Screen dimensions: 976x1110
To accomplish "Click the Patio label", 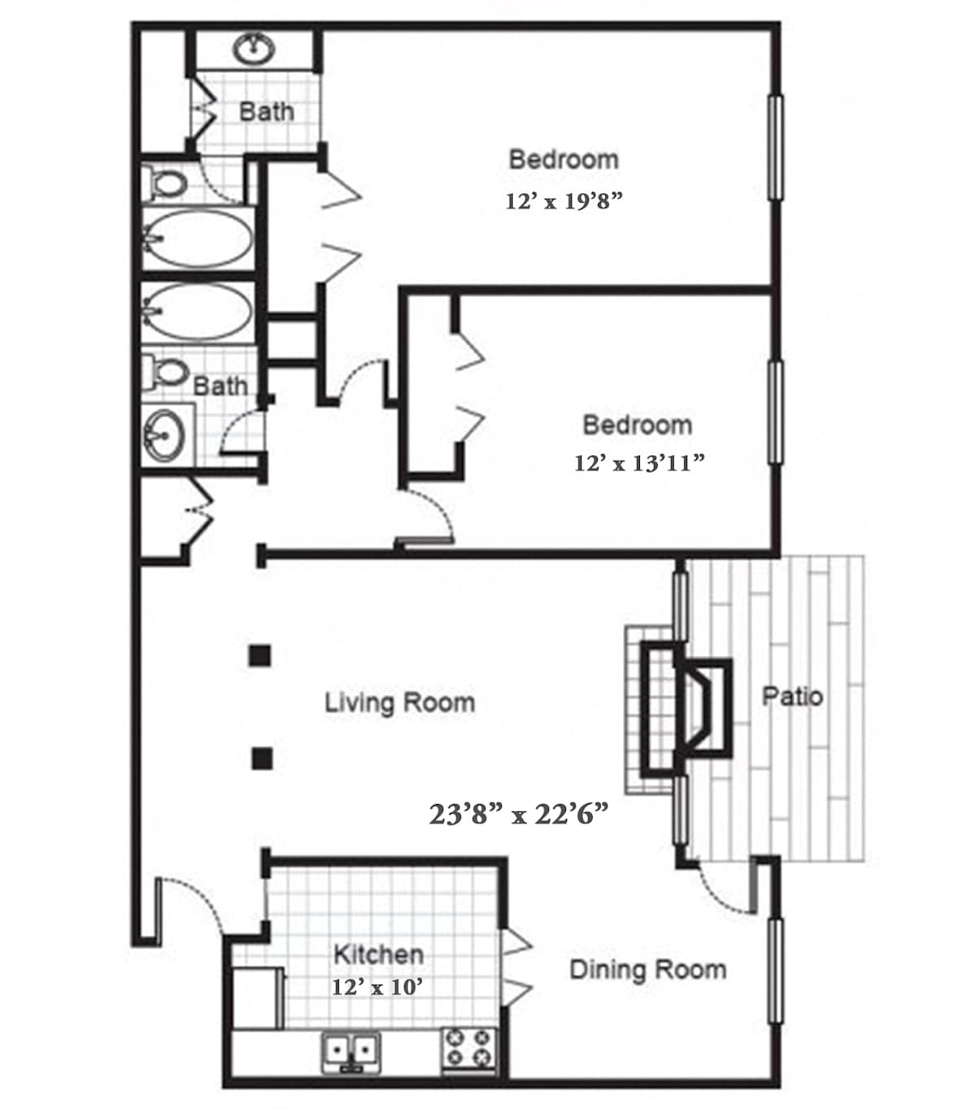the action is (792, 697).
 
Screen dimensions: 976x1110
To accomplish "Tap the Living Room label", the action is (399, 703).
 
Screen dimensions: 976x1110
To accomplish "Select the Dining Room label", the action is (648, 970).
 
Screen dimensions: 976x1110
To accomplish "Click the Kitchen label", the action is (378, 955).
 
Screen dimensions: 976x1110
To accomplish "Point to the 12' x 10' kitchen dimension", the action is (377, 987).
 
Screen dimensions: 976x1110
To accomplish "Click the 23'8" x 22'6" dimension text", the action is (518, 814).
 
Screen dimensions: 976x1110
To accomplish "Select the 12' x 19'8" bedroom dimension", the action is (564, 201).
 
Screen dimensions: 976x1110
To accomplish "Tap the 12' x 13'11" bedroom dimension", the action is (638, 463).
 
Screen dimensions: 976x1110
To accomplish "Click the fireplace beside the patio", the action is (686, 709).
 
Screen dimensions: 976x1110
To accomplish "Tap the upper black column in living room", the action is (259, 656).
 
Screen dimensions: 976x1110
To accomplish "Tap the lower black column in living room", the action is (262, 759).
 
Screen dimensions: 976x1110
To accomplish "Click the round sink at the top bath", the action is (254, 49).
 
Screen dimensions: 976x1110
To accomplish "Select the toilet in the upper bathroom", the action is (164, 182).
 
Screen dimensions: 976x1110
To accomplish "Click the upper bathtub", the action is (198, 238).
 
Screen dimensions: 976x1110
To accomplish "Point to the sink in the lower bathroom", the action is (163, 436).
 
